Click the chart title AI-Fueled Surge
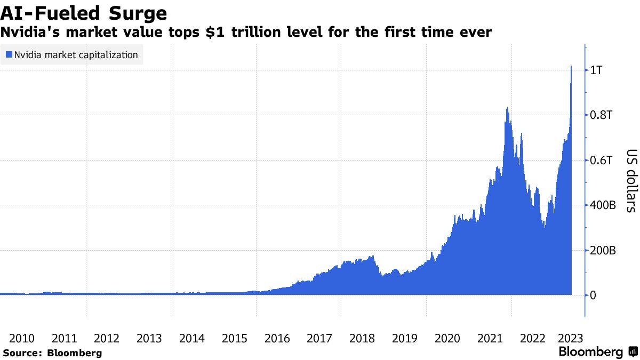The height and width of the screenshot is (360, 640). coord(84,12)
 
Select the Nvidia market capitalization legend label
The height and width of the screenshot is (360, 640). coord(76,55)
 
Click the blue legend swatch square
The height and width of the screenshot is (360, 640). coord(9,55)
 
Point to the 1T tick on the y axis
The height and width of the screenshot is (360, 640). coord(595,70)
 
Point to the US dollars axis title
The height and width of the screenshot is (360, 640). coord(630,180)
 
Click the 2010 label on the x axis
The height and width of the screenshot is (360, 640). coord(22,338)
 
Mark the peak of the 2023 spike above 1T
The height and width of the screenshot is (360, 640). coord(571,67)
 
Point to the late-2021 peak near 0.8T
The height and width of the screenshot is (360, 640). coord(507,108)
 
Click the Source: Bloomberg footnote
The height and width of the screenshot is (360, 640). coord(52,353)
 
